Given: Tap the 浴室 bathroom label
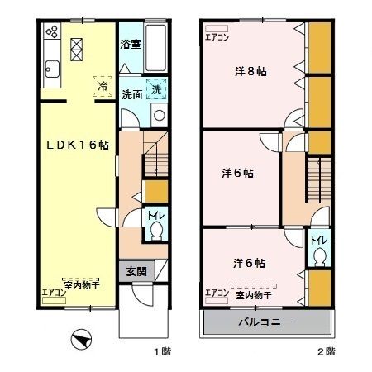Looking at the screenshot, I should (x=131, y=44).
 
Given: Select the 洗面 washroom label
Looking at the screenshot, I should (x=131, y=93).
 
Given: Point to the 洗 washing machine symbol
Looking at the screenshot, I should (x=156, y=88).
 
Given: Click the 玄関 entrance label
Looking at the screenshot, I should (x=136, y=270).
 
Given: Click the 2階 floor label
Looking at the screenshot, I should (x=325, y=352).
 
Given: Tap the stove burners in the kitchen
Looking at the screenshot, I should (x=51, y=33).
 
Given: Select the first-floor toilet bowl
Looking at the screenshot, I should (x=156, y=231).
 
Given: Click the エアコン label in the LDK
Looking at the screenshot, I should (x=54, y=291).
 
